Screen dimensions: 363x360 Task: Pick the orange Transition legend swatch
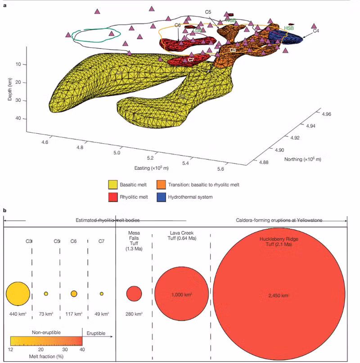(x=161, y=185)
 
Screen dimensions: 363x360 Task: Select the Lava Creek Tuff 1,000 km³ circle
(x=181, y=294)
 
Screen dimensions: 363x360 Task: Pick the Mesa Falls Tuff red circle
(x=134, y=294)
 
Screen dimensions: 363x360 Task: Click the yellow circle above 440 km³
(x=18, y=294)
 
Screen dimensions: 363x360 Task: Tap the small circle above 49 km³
(x=102, y=294)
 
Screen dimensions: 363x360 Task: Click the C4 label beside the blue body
(x=316, y=31)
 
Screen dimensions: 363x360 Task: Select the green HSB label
(x=289, y=28)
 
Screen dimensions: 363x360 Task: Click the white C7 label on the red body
(x=191, y=59)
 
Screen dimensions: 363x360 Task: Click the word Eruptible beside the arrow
(x=95, y=333)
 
